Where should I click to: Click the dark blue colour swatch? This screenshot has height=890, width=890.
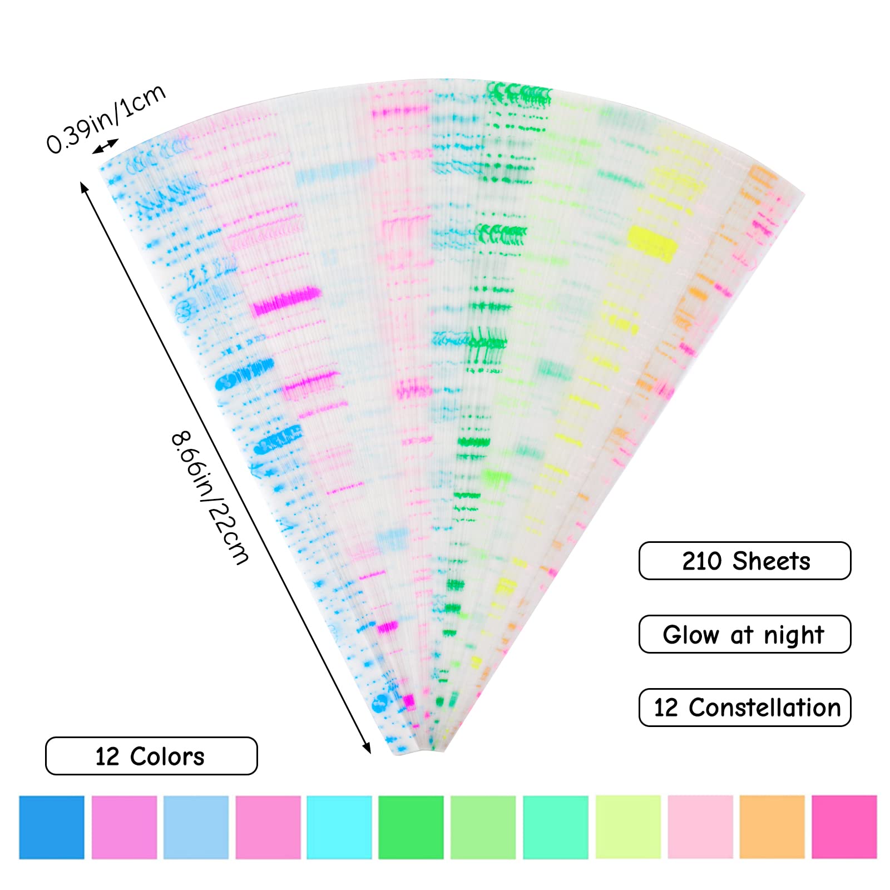coord(52,827)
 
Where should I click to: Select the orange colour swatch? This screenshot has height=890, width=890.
coord(772,827)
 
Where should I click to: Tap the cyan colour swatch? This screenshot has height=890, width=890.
coord(339,827)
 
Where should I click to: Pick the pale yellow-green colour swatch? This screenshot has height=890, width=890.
coord(628,827)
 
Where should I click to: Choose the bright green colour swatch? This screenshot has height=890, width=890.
coord(411,827)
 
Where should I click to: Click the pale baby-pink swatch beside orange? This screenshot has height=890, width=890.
coord(700,827)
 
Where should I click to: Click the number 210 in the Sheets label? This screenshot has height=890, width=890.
coord(701,561)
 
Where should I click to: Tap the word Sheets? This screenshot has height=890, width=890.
coord(771,561)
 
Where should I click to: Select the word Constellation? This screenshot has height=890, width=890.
coord(765,708)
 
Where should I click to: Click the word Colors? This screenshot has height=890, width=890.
coord(167,756)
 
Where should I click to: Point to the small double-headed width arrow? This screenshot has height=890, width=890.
coord(105,146)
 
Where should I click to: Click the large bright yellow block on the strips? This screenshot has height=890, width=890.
coord(652,243)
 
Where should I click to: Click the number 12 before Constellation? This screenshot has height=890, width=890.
coord(665,708)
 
